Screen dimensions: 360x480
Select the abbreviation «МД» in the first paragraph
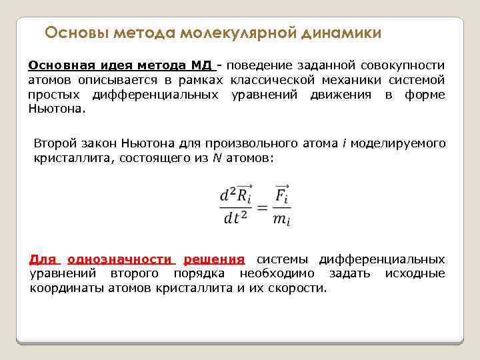(201, 65)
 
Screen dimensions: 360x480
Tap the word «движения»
(341, 95)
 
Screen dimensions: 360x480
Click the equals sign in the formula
(261, 207)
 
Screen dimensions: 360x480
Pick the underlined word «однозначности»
(121, 259)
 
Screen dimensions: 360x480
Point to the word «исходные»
(415, 274)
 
